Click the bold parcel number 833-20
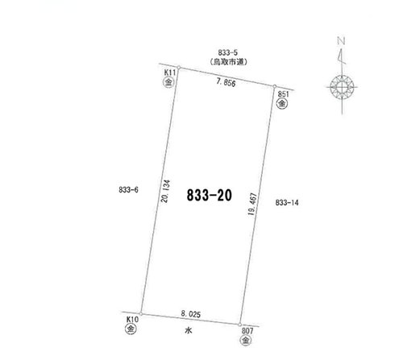210,195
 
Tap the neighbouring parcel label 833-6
128,190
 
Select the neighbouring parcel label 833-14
287,202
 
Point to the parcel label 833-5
228,52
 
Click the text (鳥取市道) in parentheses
228,62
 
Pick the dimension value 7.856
226,82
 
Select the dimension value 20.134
165,191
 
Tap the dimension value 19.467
253,204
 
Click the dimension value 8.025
191,314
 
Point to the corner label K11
170,72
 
